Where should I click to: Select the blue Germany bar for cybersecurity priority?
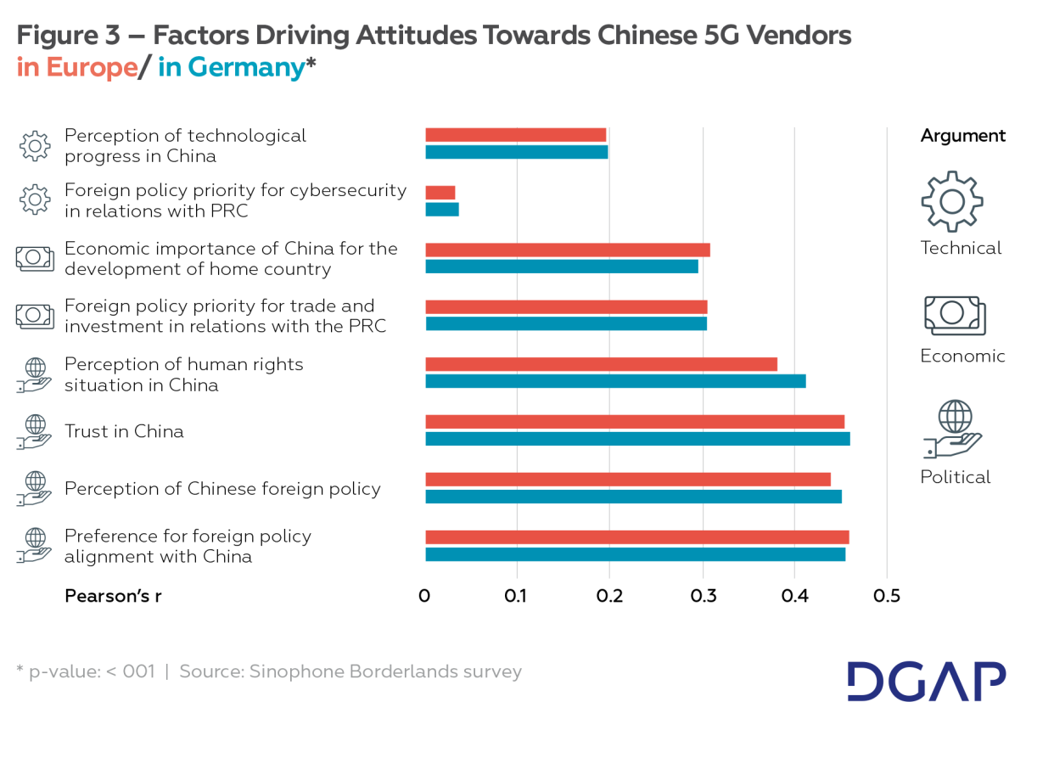(x=441, y=210)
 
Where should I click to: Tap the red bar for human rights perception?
(x=601, y=364)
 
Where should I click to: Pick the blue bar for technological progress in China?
(x=516, y=152)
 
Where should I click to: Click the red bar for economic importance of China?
(x=567, y=250)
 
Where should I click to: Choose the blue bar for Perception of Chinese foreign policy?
(x=633, y=497)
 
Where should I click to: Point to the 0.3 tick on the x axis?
(x=703, y=596)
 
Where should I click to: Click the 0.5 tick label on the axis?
(x=886, y=596)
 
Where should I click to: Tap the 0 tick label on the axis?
(x=424, y=596)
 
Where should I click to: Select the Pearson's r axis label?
(x=113, y=596)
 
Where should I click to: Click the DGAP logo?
(x=926, y=681)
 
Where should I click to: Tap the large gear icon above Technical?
(x=952, y=201)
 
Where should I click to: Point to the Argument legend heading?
(x=962, y=136)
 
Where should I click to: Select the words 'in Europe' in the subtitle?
(x=76, y=68)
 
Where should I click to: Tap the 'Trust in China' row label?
(x=124, y=431)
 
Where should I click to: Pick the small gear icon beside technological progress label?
(x=35, y=146)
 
